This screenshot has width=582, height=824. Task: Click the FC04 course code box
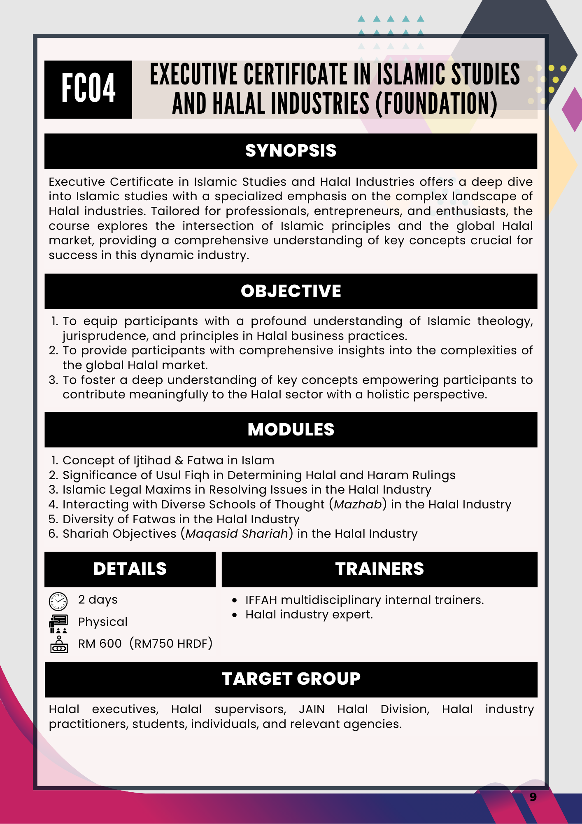(x=88, y=89)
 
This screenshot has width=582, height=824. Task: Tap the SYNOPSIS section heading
(x=291, y=151)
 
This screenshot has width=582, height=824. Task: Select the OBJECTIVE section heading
(x=291, y=291)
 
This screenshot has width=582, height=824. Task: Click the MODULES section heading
(x=291, y=429)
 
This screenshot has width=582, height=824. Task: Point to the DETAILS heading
(x=130, y=569)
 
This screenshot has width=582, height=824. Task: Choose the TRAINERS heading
(x=379, y=569)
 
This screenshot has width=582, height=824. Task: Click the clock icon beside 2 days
(x=58, y=601)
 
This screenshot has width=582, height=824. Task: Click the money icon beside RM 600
(x=59, y=644)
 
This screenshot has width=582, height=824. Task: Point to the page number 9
(x=533, y=797)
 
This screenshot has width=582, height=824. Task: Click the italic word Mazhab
(x=358, y=504)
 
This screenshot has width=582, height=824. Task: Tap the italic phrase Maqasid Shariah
(x=237, y=534)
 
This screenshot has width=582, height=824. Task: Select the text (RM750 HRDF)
(x=171, y=644)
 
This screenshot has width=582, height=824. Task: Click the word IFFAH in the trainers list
(x=261, y=600)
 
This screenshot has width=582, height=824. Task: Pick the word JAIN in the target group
(x=312, y=709)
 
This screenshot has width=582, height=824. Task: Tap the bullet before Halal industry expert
(x=235, y=615)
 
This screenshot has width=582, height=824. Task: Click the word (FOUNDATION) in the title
(x=436, y=103)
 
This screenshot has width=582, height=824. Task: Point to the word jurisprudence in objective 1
(x=105, y=336)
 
